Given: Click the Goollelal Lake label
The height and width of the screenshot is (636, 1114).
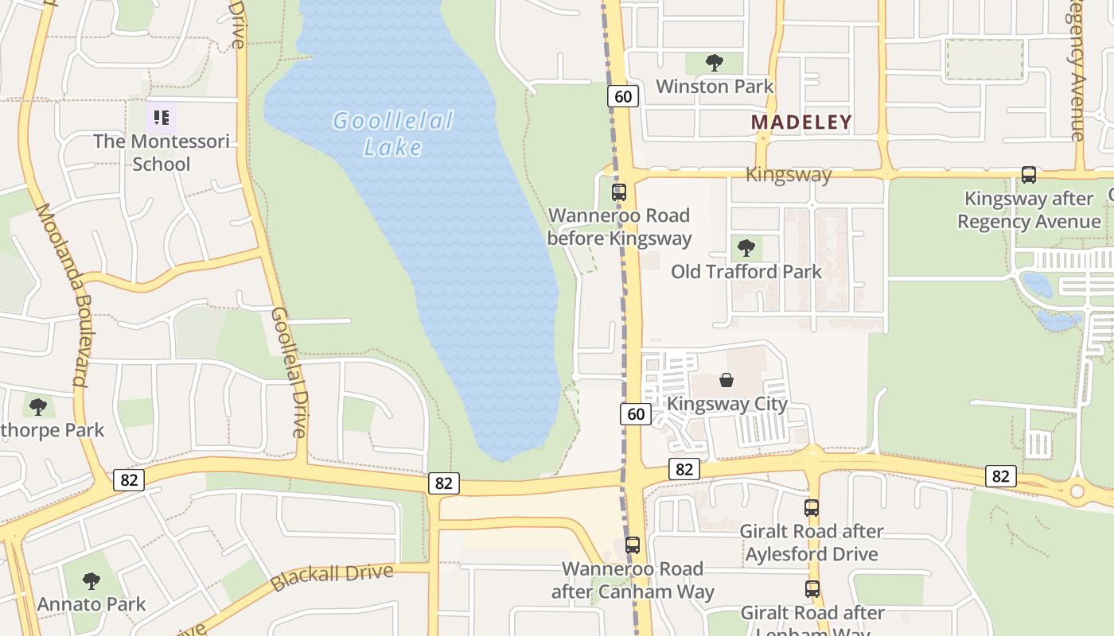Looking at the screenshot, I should coord(392,134).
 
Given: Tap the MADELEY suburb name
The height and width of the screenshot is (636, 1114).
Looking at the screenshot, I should coord(801,122).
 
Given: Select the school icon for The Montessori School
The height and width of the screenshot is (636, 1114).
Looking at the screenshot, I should coord(162,118).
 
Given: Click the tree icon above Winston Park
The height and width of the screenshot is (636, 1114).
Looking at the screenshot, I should coord(715,62).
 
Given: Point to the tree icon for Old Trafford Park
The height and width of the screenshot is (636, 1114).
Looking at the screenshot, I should coord(746,247).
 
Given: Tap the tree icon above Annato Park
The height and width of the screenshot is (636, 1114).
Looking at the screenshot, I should coord(92,580).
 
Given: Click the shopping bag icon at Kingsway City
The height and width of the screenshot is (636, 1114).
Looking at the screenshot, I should coord(726,380).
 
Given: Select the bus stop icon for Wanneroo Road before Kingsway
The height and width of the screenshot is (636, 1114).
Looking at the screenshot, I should coord(618,192).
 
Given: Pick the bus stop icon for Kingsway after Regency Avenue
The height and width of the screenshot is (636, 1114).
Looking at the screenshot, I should coord(1028,175).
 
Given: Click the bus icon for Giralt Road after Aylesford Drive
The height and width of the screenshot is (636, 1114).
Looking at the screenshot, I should coord(811,507).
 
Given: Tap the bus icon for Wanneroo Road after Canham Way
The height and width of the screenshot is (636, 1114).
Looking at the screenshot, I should coord(632,545).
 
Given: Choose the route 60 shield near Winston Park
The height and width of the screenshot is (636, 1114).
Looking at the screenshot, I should coord(623,96).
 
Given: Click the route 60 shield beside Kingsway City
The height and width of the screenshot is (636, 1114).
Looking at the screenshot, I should coord(635,413).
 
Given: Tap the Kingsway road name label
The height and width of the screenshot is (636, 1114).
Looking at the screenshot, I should coord(789,175).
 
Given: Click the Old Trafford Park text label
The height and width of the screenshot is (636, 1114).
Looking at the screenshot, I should coord(746,271).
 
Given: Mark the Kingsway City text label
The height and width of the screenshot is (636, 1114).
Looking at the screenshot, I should coord(726,403).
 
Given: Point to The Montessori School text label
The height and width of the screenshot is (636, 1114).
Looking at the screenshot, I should coord(162,153).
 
